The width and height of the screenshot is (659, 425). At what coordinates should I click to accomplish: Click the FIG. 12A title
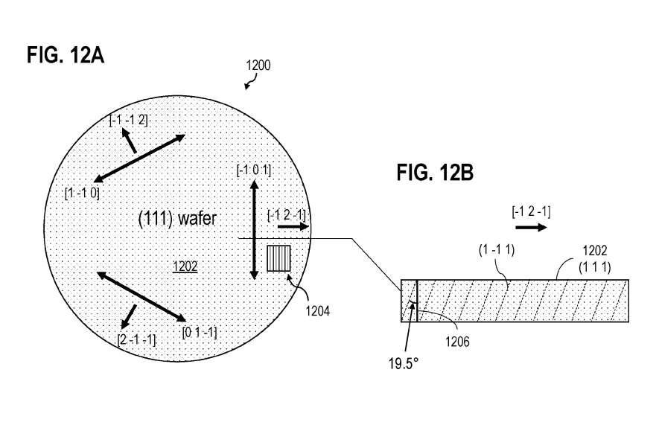[65, 55]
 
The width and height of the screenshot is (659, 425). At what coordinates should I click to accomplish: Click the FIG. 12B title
[435, 173]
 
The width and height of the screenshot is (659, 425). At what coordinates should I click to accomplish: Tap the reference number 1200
[258, 65]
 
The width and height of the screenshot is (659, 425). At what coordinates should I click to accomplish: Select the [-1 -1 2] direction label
[129, 121]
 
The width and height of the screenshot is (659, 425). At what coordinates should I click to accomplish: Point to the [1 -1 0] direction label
[82, 194]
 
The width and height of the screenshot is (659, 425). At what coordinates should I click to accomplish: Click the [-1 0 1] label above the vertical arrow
[254, 170]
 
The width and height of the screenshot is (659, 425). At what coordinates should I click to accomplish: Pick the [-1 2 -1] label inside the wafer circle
[287, 215]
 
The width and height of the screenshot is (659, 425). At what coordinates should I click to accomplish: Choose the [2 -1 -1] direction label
[136, 339]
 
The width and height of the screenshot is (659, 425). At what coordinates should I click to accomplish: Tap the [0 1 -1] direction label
[200, 333]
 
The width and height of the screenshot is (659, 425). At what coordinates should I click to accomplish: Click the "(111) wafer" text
[177, 219]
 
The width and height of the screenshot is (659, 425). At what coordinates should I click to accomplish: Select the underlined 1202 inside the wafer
[185, 266]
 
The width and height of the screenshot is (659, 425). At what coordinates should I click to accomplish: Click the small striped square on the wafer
[278, 258]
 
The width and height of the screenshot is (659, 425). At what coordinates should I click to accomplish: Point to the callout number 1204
[318, 311]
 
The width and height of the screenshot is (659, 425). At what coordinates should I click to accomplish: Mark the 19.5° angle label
[404, 364]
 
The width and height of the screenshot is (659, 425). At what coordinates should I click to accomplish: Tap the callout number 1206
[457, 342]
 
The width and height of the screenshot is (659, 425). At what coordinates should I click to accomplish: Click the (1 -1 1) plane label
[497, 250]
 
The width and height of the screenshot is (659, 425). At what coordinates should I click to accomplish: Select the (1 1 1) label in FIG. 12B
[595, 267]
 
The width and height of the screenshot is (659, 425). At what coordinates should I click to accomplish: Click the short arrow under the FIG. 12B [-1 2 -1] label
[531, 228]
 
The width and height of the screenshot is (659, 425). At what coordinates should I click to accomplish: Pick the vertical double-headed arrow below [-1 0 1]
[253, 230]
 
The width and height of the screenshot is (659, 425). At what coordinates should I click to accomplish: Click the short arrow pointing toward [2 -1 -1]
[128, 316]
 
